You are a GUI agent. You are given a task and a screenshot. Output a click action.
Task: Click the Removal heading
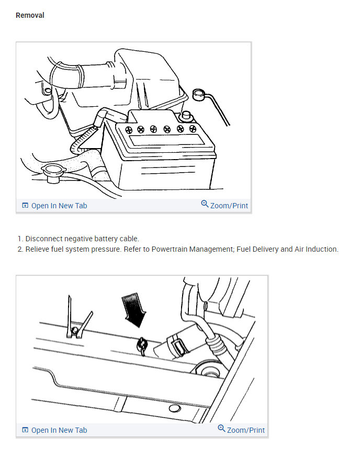(30, 15)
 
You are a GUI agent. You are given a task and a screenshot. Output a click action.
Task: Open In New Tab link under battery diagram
(59, 206)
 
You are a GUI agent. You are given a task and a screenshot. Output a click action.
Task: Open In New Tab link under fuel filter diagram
(59, 430)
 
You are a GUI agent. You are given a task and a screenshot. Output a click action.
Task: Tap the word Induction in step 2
(322, 249)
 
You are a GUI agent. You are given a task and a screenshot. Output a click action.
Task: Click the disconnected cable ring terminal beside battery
(198, 95)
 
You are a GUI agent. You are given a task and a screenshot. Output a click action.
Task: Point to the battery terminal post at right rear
(185, 116)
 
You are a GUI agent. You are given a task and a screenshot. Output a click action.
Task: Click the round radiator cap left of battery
(52, 170)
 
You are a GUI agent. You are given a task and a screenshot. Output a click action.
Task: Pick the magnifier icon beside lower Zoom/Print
(222, 429)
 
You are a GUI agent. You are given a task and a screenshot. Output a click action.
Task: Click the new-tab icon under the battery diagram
(25, 206)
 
